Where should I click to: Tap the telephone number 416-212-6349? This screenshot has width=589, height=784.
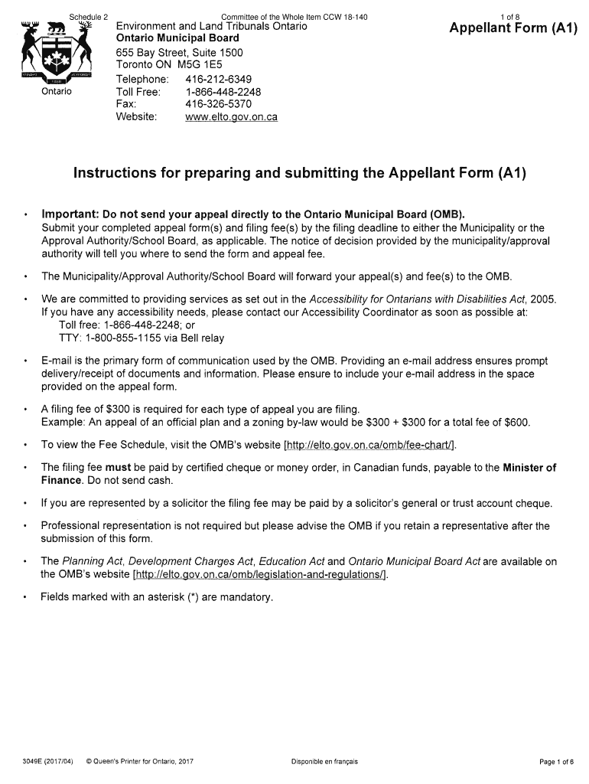click(x=218, y=80)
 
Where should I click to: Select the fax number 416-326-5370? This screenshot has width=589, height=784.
click(x=218, y=104)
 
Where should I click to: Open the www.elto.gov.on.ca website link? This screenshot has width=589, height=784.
click(x=231, y=117)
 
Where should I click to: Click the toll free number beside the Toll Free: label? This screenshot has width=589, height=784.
click(x=223, y=92)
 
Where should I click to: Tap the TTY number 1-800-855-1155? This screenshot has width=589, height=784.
click(x=123, y=338)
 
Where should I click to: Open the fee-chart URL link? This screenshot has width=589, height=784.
click(x=370, y=445)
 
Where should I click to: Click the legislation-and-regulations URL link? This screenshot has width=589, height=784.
click(x=260, y=574)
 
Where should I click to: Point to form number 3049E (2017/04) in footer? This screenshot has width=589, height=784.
click(x=48, y=761)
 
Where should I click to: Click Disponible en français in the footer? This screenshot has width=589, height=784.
click(x=324, y=761)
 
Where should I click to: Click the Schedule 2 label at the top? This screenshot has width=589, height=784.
click(x=89, y=17)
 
